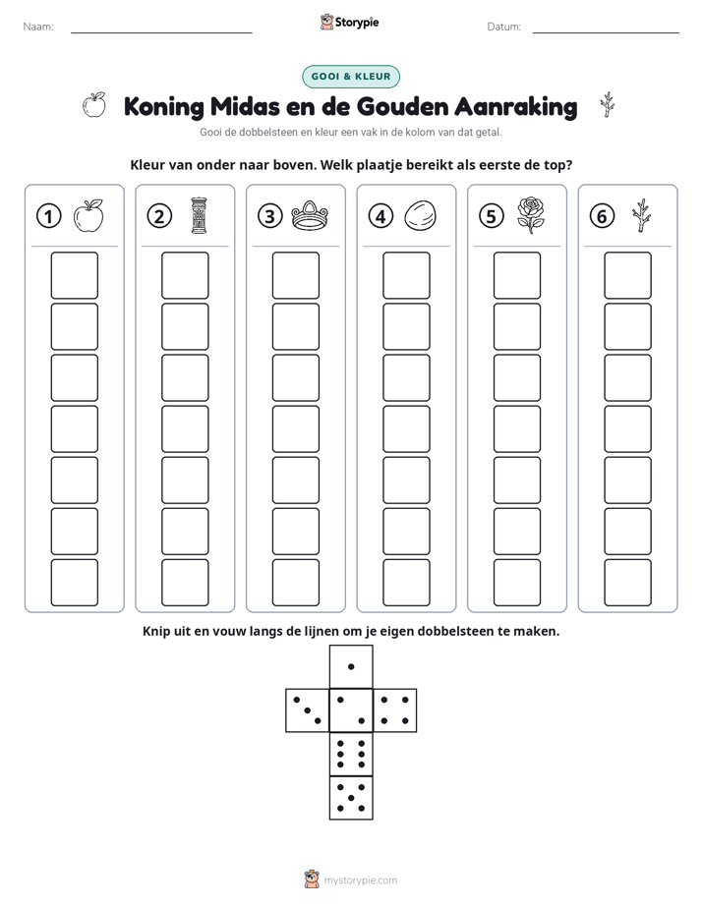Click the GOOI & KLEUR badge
(x=350, y=77)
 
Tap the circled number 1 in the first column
(x=48, y=216)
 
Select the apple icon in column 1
(x=88, y=216)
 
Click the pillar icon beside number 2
(x=199, y=215)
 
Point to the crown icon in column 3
(x=310, y=215)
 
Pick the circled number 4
(x=380, y=216)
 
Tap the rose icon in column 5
(x=531, y=215)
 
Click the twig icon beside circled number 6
(x=641, y=216)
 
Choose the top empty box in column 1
(x=74, y=275)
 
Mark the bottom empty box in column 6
(x=627, y=583)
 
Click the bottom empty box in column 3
(x=295, y=583)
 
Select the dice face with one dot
(x=351, y=667)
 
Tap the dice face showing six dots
(x=351, y=754)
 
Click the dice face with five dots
(x=351, y=798)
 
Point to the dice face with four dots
(x=395, y=710)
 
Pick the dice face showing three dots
(x=308, y=710)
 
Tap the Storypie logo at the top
(x=349, y=22)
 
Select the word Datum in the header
(x=504, y=27)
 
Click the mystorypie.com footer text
(x=360, y=880)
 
